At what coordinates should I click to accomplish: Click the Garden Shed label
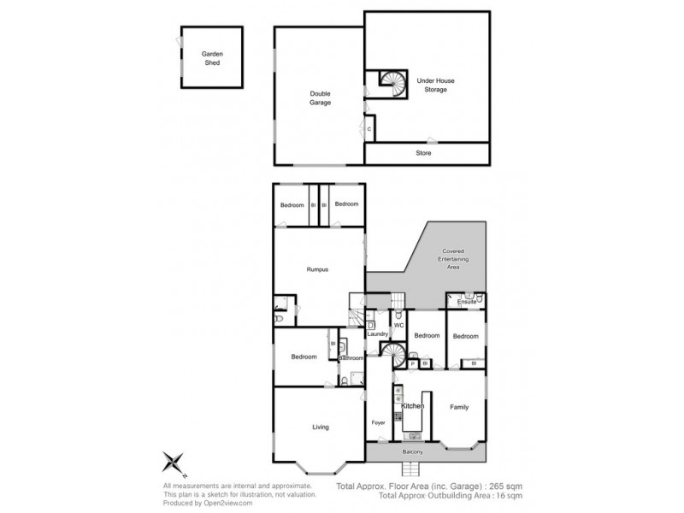(212, 58)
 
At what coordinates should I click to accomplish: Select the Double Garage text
(320, 97)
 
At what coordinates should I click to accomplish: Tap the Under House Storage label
(435, 85)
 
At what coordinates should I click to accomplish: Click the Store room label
(424, 153)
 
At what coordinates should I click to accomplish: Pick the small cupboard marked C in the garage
(369, 129)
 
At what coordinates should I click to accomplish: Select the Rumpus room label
(318, 269)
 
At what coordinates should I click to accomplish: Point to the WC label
(398, 326)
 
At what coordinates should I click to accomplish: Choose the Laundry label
(378, 333)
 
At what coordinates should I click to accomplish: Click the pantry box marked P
(412, 363)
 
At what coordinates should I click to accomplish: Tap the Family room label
(459, 407)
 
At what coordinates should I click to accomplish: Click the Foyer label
(379, 422)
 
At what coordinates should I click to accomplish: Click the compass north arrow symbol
(176, 464)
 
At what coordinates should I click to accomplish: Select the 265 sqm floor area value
(506, 486)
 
